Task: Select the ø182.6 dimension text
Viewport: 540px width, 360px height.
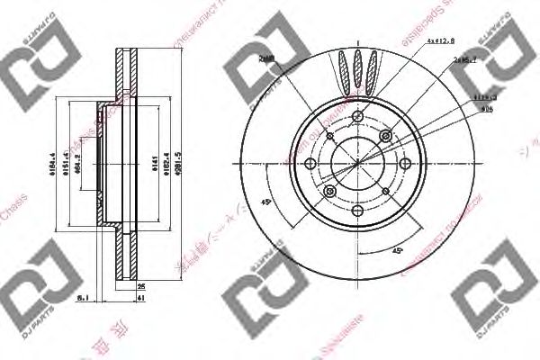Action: [x=169, y=164]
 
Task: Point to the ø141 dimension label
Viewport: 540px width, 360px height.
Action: [x=154, y=164]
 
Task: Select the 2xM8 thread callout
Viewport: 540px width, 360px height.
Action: [x=266, y=57]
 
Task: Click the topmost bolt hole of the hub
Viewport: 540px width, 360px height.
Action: [x=358, y=115]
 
